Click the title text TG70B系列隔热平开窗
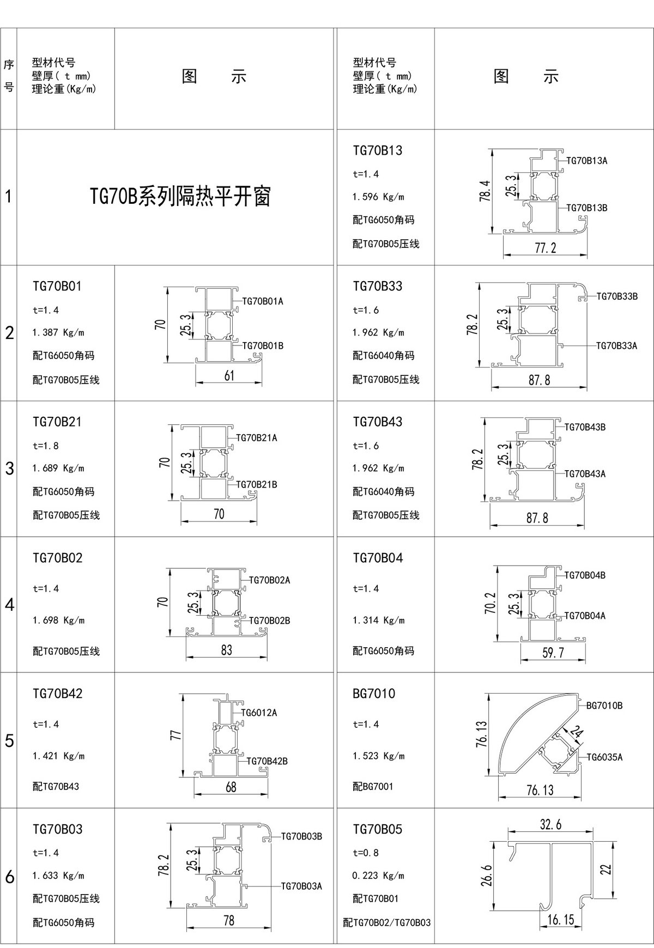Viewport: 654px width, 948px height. pyautogui.click(x=180, y=197)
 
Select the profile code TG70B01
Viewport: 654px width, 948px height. pyautogui.click(x=57, y=286)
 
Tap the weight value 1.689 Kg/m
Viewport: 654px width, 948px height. pyautogui.click(x=58, y=468)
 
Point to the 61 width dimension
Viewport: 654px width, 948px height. pyautogui.click(x=229, y=375)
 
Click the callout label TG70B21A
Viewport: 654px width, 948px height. pyautogui.click(x=257, y=437)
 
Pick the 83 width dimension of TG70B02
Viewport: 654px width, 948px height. pyautogui.click(x=227, y=649)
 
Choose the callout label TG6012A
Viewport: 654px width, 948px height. pyautogui.click(x=259, y=712)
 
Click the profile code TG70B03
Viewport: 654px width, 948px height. pyautogui.click(x=57, y=829)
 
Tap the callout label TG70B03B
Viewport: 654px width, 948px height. pyautogui.click(x=301, y=836)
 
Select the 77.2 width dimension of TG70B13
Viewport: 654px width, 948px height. pyautogui.click(x=546, y=248)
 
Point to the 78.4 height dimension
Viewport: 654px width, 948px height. pyautogui.click(x=485, y=191)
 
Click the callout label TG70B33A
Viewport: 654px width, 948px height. pyautogui.click(x=616, y=345)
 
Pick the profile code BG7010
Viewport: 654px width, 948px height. pyautogui.click(x=374, y=694)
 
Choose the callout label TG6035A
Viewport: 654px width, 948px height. pyautogui.click(x=604, y=757)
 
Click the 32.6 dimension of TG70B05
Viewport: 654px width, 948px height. pyautogui.click(x=550, y=824)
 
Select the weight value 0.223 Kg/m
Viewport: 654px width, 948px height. pyautogui.click(x=378, y=876)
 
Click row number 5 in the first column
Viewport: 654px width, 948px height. pyautogui.click(x=9, y=741)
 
